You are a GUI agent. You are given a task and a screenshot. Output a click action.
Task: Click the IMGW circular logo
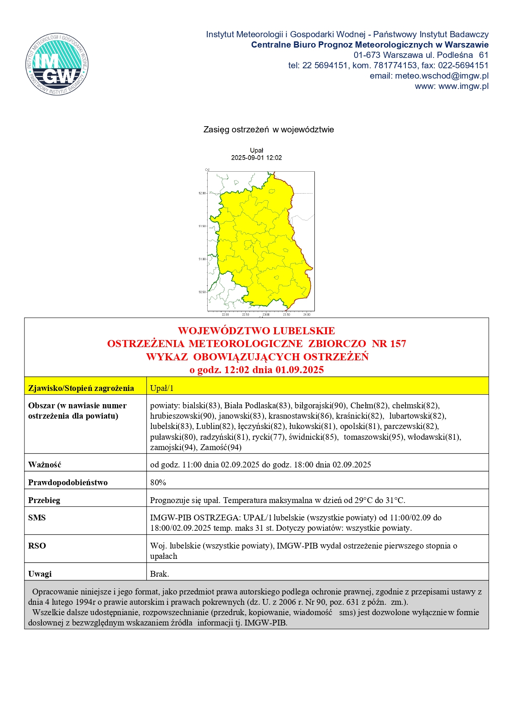coord(57,64)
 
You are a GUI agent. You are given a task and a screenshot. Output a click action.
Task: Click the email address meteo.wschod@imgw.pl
coord(441,76)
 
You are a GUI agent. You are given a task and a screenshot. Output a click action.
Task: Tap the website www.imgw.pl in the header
coord(463,86)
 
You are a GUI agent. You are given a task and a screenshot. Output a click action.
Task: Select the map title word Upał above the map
coord(256,151)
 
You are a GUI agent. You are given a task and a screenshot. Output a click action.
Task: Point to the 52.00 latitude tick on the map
coord(201,193)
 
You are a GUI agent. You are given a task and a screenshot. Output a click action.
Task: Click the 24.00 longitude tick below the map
coord(307,314)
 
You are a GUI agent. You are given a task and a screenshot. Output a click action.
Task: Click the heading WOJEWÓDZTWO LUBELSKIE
coord(256,331)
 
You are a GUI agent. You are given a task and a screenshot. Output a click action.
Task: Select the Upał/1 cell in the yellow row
coord(162,388)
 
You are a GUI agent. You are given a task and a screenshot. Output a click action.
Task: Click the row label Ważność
coord(45,465)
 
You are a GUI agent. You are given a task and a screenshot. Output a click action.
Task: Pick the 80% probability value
coord(158,482)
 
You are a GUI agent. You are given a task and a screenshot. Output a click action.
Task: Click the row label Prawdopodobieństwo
coord(68,482)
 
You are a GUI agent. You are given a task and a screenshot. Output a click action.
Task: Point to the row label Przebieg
coord(44,500)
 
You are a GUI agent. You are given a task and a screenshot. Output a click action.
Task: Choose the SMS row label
coord(37,518)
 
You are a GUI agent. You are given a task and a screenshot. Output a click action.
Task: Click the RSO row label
coord(37,546)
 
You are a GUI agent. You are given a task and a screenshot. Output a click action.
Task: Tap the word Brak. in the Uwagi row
coord(160,574)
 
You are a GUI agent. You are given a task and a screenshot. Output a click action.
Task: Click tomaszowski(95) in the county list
coord(374,437)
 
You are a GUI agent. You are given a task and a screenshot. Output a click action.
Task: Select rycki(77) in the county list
coord(268,437)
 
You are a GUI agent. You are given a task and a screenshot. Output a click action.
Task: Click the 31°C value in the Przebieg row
coord(395,500)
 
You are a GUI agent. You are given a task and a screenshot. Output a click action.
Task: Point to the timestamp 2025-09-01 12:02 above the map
coord(256,158)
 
